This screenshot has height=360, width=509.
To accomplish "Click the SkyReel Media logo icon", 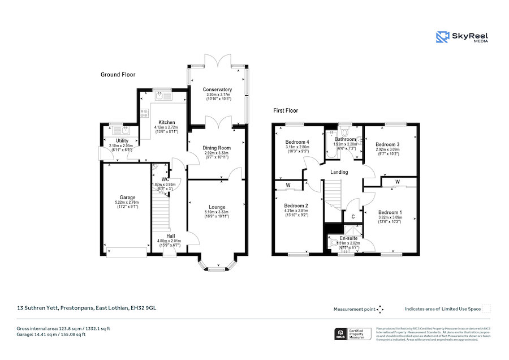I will pos(442,37).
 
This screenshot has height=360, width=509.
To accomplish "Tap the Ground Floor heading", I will pos(118,75).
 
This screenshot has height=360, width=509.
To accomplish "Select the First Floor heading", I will pos(286,111).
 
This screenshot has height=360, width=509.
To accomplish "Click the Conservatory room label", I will pos(218,89).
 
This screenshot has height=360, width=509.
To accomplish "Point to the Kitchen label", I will pos(166,122).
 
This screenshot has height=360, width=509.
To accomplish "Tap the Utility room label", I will pos(122,140).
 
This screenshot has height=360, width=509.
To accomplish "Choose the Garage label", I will pos(127,198).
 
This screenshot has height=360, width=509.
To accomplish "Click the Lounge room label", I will pos(217,207).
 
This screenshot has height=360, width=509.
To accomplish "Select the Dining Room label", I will pos(217,148).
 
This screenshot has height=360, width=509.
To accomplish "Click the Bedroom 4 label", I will pos(297,142).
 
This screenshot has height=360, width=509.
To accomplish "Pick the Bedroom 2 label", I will pos(296,205).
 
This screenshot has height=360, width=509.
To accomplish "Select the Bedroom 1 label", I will pos(389,212).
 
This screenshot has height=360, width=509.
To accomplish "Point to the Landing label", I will pos(339,172).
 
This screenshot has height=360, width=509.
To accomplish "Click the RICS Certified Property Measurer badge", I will pos(353,334).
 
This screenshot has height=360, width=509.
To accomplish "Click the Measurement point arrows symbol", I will pos(380,309).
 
